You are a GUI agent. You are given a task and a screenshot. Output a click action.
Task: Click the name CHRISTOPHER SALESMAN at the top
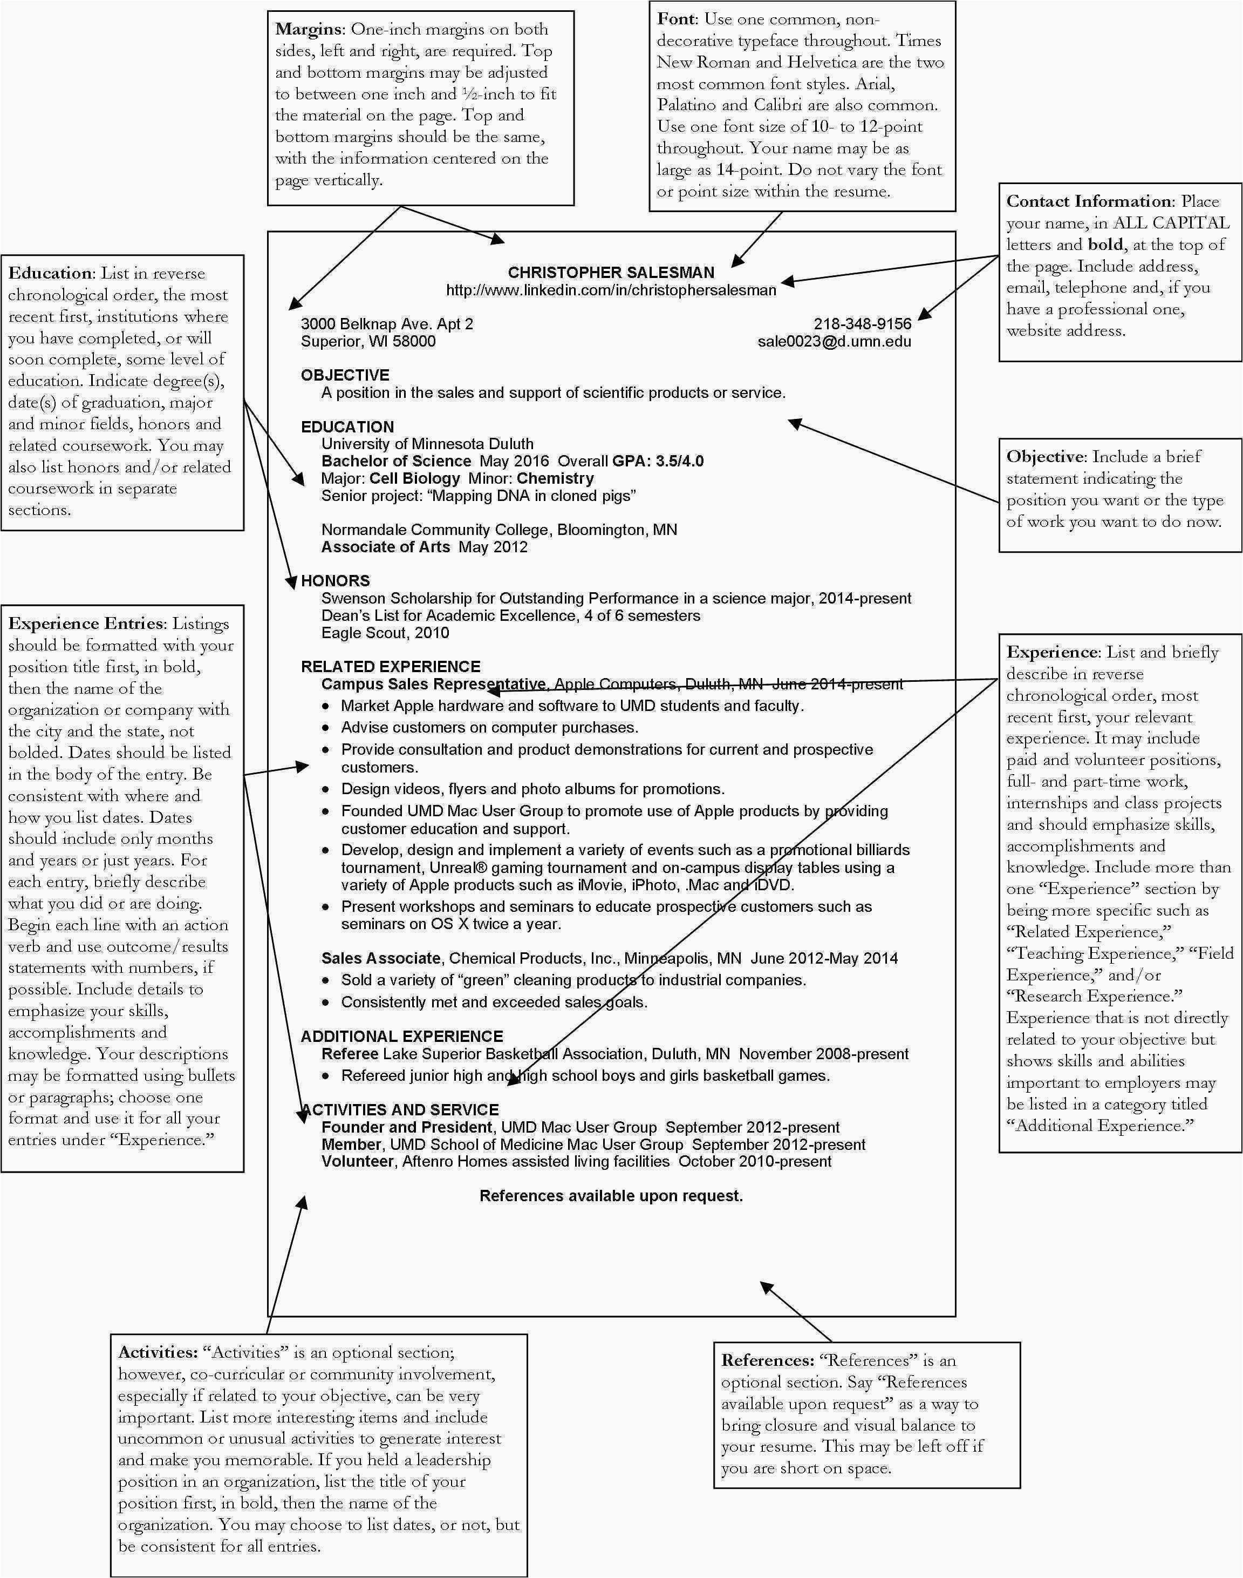611,272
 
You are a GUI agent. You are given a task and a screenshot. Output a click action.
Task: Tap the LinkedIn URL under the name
611,290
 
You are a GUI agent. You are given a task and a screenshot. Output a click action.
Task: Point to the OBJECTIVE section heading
345,375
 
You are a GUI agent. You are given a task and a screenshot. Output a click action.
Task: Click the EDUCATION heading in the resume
347,426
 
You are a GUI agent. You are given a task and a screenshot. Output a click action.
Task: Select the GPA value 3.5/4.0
680,461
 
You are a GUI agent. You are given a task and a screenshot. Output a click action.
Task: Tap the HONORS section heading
336,580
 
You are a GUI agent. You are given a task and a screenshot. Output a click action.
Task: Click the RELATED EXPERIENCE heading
390,666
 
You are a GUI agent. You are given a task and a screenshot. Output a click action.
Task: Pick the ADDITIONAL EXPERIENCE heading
402,1036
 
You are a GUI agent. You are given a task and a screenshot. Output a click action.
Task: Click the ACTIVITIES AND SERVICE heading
401,1110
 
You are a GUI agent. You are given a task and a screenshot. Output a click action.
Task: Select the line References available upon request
611,1196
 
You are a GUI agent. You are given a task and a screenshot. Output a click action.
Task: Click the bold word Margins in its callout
308,29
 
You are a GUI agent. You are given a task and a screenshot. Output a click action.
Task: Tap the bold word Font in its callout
676,18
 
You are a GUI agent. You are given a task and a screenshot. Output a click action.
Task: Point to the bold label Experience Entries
85,624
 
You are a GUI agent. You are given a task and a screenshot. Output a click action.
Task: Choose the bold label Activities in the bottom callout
157,1352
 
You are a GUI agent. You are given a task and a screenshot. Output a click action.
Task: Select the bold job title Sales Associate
380,958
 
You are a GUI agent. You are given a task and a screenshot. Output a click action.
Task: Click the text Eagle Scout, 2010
385,633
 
